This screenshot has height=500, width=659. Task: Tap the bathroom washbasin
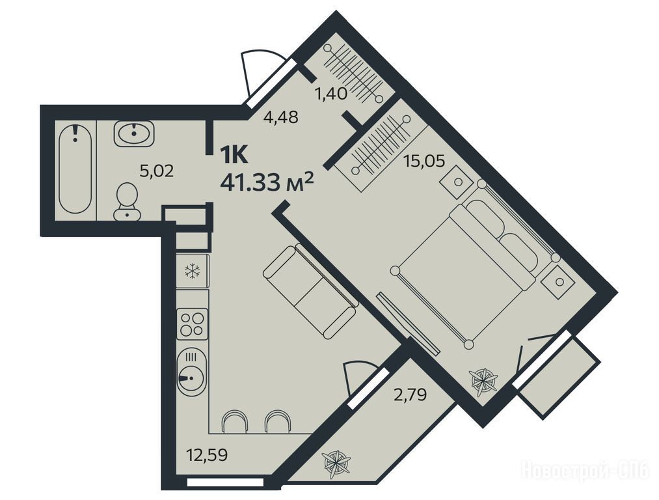[x=134, y=133]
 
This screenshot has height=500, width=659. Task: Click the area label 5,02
[x=156, y=171]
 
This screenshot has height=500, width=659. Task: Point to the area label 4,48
[x=281, y=117]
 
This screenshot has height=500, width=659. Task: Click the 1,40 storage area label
[x=331, y=94]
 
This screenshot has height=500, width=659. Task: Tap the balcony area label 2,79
[x=410, y=395]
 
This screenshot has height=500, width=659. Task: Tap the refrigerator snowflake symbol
[x=193, y=271]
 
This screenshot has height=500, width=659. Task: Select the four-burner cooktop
[x=193, y=324]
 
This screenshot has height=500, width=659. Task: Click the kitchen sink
[x=192, y=372]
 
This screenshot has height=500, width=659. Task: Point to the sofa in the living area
[x=310, y=291]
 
